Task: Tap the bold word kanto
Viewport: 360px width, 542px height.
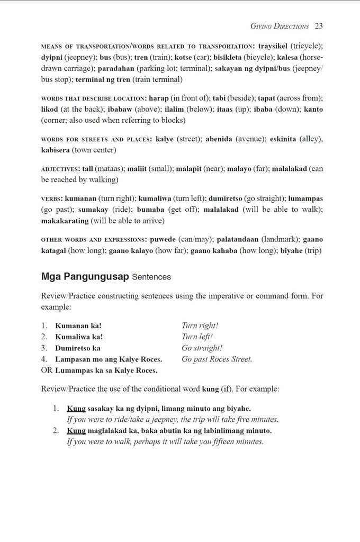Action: (x=311, y=110)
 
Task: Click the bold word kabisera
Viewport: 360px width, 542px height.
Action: (x=58, y=150)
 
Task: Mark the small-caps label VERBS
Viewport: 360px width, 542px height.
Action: (x=51, y=198)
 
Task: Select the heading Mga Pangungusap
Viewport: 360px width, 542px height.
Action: (x=84, y=276)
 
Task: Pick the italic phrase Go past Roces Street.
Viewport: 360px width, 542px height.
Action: (x=217, y=359)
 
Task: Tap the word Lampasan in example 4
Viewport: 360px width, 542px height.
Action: (x=73, y=359)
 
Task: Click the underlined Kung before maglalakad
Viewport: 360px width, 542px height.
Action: (x=76, y=431)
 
